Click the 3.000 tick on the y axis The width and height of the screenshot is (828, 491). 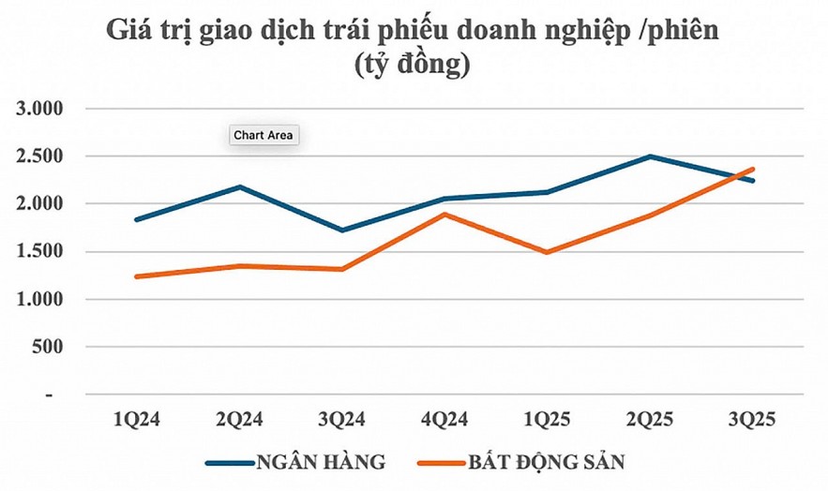click(42, 109)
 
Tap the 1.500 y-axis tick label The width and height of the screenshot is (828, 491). click(42, 251)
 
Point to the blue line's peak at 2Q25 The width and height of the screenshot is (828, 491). click(650, 156)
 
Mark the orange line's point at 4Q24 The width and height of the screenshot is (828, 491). click(444, 215)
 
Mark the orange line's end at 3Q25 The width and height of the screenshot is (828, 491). click(753, 170)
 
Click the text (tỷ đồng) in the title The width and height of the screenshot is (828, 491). click(413, 66)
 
